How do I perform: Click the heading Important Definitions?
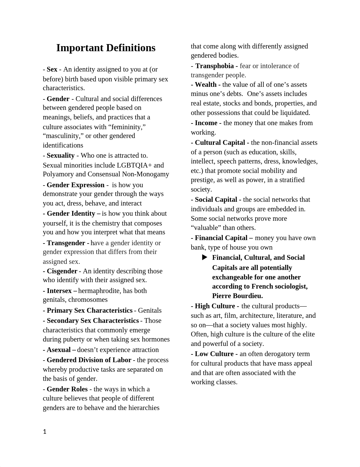coord(106,48)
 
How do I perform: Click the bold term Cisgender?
coord(62,271)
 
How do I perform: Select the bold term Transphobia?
coord(215,66)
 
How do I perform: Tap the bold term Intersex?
coord(59,291)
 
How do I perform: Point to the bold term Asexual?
coord(59,350)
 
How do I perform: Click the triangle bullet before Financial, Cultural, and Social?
coord(204,257)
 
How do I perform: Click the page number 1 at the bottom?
coord(44,432)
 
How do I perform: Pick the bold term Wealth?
coord(206,84)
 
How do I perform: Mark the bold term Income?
coord(206,123)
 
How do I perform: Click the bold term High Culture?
coord(215,306)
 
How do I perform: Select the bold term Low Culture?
coord(214,354)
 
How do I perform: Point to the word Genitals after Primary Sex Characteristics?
coord(150,310)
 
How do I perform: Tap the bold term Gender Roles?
coord(67,389)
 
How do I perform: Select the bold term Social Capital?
coord(216,199)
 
